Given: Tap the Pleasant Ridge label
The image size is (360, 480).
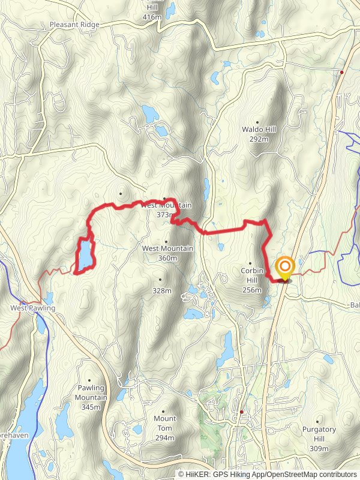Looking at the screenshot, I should point(75,25).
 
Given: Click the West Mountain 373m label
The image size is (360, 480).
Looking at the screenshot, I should point(166,209).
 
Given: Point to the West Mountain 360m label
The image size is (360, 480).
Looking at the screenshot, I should point(167,253).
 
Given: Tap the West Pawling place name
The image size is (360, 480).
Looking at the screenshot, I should point(32,308).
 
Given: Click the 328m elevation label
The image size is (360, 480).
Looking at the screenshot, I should point(161,290).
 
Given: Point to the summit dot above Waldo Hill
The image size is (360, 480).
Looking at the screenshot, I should point(258,120).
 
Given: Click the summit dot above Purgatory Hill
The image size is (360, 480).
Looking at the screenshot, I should point(318,422).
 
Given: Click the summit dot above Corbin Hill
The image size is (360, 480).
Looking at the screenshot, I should point(250,263).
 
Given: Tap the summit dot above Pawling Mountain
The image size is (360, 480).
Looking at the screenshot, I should point(91,379).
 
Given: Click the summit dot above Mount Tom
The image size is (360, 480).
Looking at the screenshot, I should point(164,409).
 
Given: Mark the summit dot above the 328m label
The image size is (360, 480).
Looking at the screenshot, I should point(160,280).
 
